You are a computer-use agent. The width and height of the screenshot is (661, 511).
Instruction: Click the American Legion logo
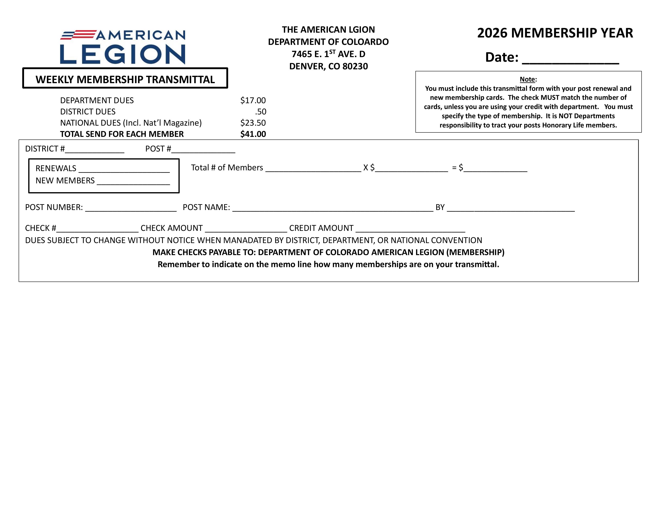(123, 47)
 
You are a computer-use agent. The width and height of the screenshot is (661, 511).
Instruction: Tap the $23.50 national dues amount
(253, 123)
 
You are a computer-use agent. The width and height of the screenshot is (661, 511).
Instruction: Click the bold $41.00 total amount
(253, 134)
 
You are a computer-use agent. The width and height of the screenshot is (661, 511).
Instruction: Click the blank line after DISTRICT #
(95, 150)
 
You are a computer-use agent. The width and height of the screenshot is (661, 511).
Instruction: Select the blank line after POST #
(203, 150)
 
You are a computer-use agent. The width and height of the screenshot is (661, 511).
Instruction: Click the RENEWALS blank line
(124, 170)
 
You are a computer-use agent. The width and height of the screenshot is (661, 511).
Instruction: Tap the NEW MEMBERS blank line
(133, 182)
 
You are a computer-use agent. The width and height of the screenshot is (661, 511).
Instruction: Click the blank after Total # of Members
(313, 169)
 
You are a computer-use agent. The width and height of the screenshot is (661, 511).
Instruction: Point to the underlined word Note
(527, 79)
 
